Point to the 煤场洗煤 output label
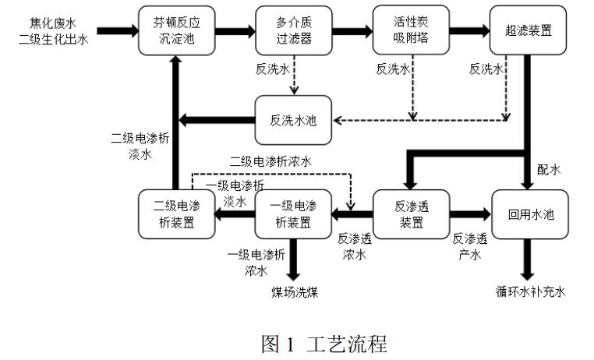295,292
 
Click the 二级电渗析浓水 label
270,162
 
